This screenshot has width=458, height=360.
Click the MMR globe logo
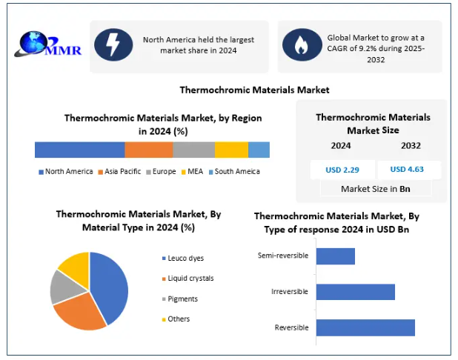click(47, 44)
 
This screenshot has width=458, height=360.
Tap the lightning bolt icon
click(113, 44)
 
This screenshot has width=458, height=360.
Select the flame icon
click(302, 44)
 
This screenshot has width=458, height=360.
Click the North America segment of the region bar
click(80, 150)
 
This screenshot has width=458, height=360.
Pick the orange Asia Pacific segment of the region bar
click(149, 150)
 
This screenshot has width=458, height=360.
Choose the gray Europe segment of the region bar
click(194, 150)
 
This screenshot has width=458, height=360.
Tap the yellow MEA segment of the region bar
click(232, 150)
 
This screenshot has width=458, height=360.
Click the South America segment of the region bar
click(259, 150)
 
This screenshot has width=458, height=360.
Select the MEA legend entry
click(192, 172)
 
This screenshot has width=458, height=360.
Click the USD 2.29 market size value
click(342, 170)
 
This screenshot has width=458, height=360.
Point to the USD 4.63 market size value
click(407, 170)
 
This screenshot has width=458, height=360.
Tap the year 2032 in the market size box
click(411, 146)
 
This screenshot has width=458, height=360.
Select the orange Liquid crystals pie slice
click(79, 313)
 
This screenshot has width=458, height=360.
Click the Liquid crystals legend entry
click(187, 279)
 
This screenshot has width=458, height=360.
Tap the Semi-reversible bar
click(336, 256)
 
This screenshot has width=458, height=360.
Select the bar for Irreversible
click(356, 292)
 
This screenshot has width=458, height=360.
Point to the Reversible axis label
click(291, 327)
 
